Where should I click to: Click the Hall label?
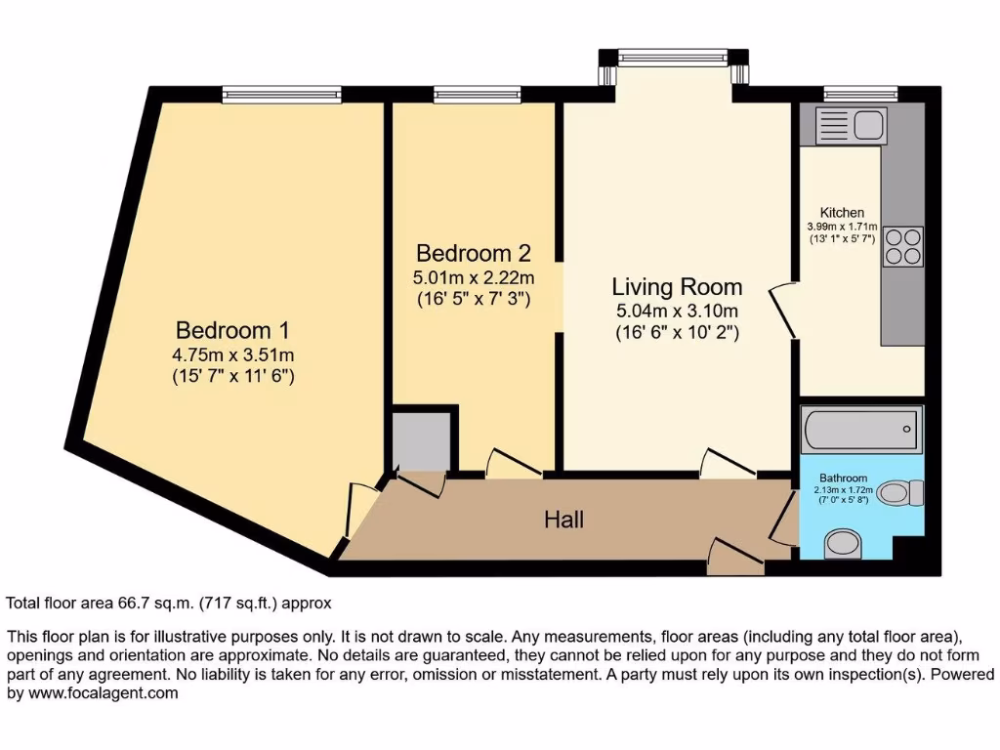(563, 520)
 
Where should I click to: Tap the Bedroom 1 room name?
(231, 330)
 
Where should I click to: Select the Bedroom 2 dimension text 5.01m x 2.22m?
(474, 277)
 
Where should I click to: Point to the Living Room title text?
(677, 287)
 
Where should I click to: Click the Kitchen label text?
(841, 212)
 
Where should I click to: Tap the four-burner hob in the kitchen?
(902, 245)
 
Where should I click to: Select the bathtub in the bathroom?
(860, 427)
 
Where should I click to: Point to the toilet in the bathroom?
(899, 493)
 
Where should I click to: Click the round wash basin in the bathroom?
(842, 543)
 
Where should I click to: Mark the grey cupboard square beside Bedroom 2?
(422, 440)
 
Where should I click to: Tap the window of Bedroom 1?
(281, 95)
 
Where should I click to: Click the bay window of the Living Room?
(674, 59)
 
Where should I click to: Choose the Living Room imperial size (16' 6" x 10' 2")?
(677, 332)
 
